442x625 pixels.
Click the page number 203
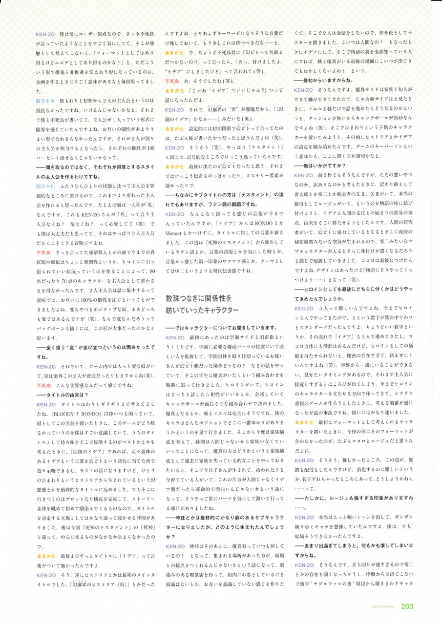407,606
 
